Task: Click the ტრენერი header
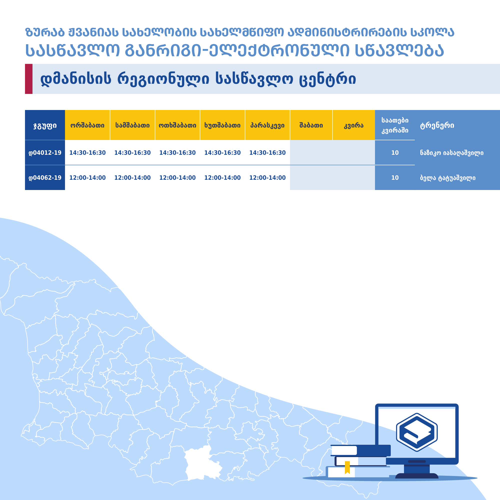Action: coord(437,125)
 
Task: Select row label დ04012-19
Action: coord(45,153)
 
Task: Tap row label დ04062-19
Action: coord(45,178)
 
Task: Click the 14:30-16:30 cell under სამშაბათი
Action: coord(132,153)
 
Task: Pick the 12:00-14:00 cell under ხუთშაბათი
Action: coord(222,178)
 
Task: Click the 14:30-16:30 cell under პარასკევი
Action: coord(267,153)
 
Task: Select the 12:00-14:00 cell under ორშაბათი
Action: coord(87,178)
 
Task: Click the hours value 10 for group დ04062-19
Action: coord(395,178)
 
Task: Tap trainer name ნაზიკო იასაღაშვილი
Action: coord(451,153)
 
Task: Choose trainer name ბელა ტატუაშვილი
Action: coord(448,178)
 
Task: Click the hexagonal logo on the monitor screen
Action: coord(417,432)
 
